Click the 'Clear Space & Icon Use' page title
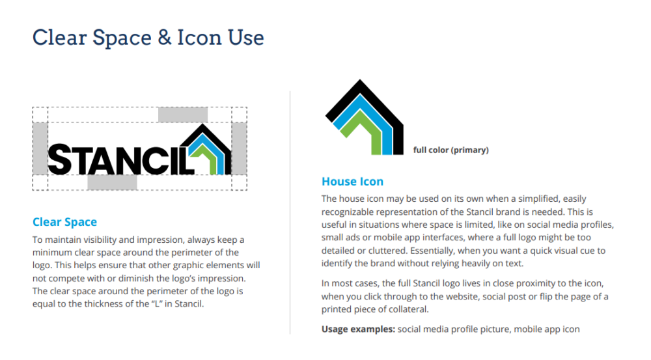[x=148, y=38]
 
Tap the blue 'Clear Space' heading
[x=64, y=222]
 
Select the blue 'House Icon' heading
[x=352, y=182]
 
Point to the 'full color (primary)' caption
[x=451, y=150]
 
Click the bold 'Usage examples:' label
[x=358, y=329]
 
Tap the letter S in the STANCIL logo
[x=61, y=159]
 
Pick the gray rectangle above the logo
[x=183, y=115]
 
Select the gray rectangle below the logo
[x=112, y=182]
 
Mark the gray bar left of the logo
[x=40, y=148]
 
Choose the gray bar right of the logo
[x=239, y=148]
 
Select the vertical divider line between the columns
[x=290, y=212]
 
